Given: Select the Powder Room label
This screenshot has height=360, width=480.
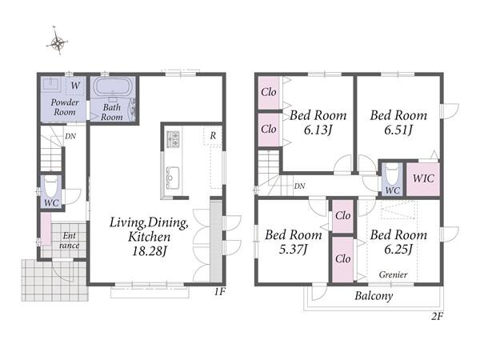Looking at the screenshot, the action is point(65,107).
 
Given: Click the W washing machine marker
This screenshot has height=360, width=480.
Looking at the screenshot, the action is point(75,86).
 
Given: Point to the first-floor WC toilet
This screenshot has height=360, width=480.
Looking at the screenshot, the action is point(51,187).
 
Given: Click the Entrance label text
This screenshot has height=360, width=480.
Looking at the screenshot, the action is point(69,241).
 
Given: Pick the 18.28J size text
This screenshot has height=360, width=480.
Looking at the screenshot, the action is point(150,252).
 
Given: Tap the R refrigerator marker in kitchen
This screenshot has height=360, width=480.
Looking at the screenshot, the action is point(213,135).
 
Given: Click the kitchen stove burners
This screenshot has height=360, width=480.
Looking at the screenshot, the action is point(173,138).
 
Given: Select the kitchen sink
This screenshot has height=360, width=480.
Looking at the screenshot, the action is point(173,178).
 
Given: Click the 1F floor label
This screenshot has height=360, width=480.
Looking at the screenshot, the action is point(219,292).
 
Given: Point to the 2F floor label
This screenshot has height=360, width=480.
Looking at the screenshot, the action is point(437,316).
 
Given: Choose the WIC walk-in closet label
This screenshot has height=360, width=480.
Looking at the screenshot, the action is point(423,178).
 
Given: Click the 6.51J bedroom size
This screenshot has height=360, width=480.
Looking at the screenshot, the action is point(398,130).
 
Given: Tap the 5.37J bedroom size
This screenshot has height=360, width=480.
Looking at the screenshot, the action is point(293,250).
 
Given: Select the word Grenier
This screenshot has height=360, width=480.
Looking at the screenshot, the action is point(393,274).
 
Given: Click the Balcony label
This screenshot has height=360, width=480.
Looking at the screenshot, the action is point(374,296).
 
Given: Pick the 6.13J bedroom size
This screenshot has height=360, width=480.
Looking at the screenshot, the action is point(318,130).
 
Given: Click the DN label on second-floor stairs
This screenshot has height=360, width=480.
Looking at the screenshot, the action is point(299,186).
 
